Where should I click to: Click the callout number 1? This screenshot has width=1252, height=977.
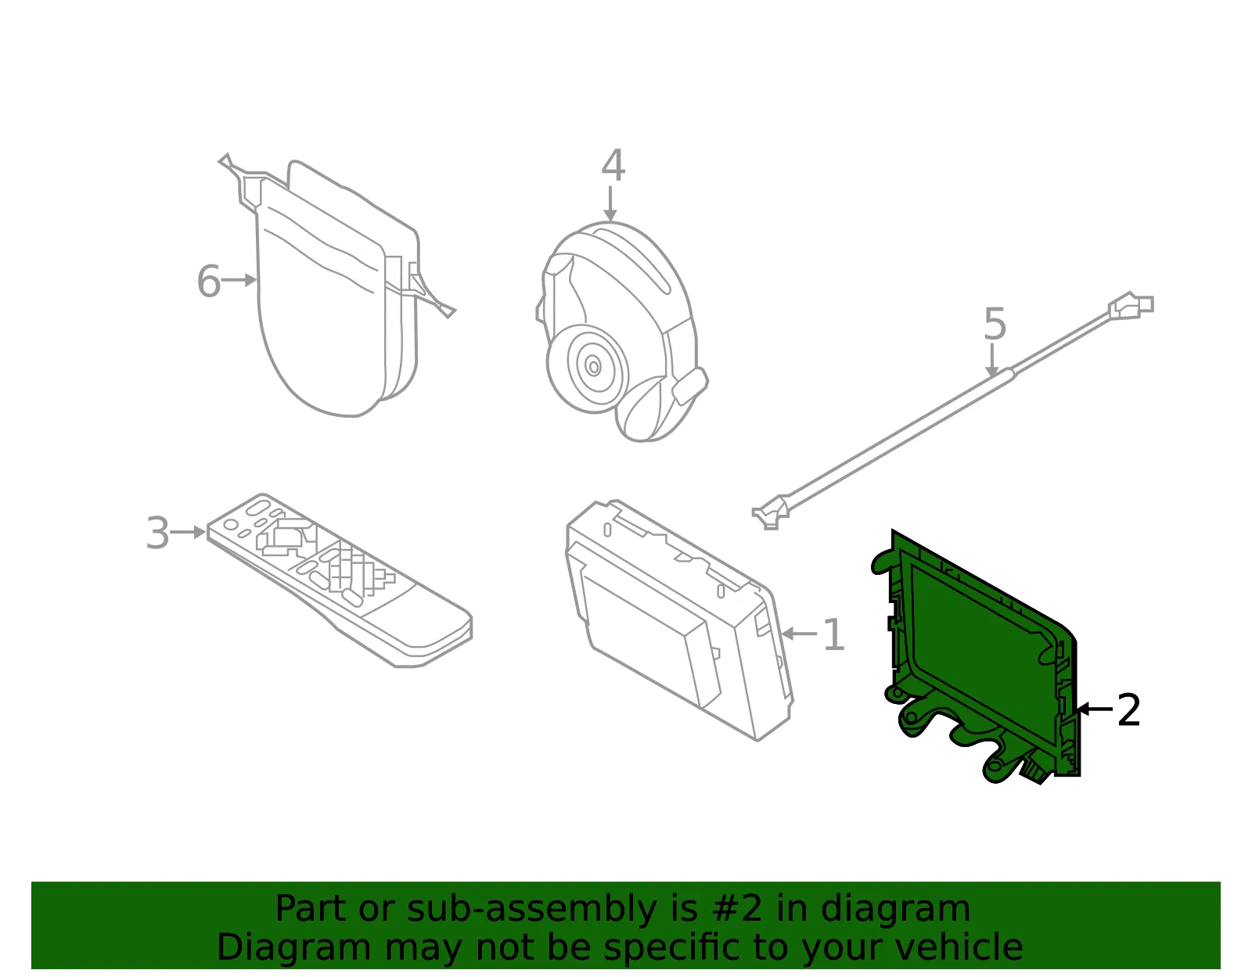pos(833,635)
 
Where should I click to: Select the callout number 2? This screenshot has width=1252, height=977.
pos(1128,709)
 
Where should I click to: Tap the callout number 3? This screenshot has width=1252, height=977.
pos(158,533)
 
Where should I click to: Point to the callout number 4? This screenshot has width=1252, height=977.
pos(613,165)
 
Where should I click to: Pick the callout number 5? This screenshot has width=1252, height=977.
pos(995,324)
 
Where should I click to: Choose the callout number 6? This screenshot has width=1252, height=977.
pos(209,281)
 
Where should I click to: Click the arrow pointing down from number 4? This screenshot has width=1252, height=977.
pos(610,204)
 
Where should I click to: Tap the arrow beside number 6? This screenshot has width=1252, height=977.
pos(239,280)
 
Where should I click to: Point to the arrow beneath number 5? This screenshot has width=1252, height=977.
pos(991,361)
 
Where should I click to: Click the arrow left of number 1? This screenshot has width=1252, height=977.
pos(800,634)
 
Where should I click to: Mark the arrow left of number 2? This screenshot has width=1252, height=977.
pos(1095,709)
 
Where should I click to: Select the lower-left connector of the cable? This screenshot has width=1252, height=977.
pos(770,512)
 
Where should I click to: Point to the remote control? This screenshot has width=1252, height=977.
pos(340,580)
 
